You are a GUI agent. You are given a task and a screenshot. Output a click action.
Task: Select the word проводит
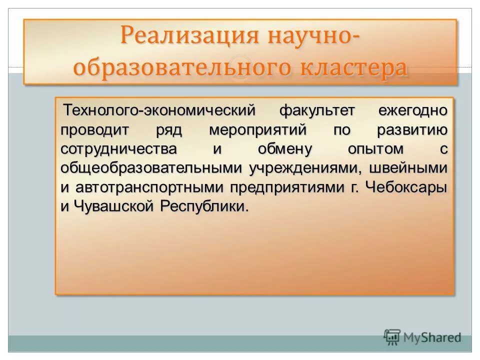pos(95,130)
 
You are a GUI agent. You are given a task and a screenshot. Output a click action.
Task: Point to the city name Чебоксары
pos(406,187)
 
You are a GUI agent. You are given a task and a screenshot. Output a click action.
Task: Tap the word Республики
pos(204,206)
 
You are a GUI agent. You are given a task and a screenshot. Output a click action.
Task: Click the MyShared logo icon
pos(392,337)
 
